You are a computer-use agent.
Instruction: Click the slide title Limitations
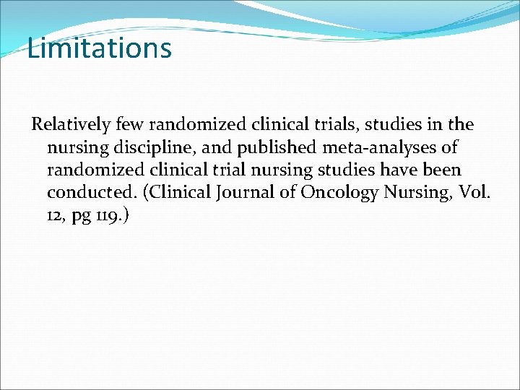click(100, 49)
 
